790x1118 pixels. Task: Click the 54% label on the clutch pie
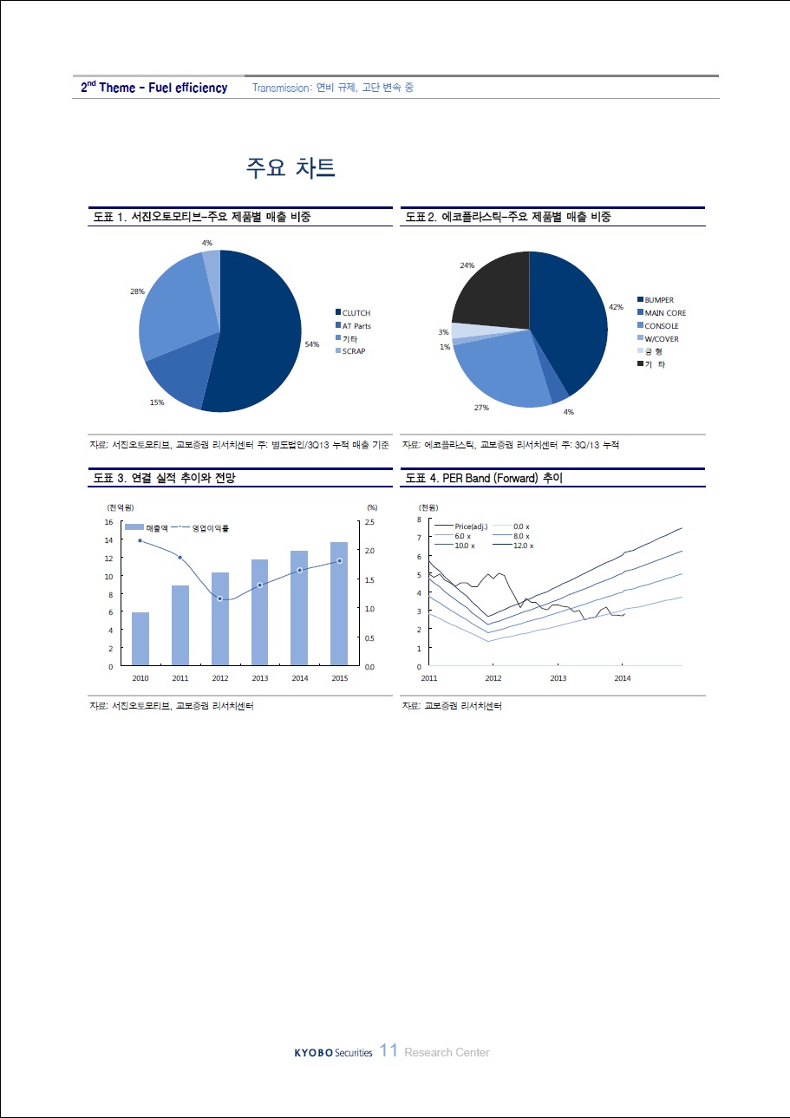(312, 343)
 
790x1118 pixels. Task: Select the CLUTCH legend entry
(353, 312)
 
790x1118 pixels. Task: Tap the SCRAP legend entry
(350, 351)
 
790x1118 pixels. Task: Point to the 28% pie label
(137, 291)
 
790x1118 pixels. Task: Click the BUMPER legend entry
(656, 299)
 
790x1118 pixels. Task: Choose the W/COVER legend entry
(657, 338)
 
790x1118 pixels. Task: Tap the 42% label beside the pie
(616, 307)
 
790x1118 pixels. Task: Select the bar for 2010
(140, 638)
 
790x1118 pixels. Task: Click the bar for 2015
(339, 604)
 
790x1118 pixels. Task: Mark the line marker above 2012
(219, 598)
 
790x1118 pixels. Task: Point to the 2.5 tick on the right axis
(369, 521)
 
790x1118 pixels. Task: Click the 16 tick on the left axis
(108, 521)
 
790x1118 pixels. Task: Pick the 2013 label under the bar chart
(259, 677)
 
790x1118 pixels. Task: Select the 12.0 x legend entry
(513, 546)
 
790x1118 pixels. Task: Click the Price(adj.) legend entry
(460, 526)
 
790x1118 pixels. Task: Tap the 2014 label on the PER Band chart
(623, 677)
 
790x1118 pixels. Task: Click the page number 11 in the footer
(388, 1050)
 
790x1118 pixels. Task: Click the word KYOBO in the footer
(313, 1053)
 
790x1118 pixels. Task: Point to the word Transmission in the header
(282, 88)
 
